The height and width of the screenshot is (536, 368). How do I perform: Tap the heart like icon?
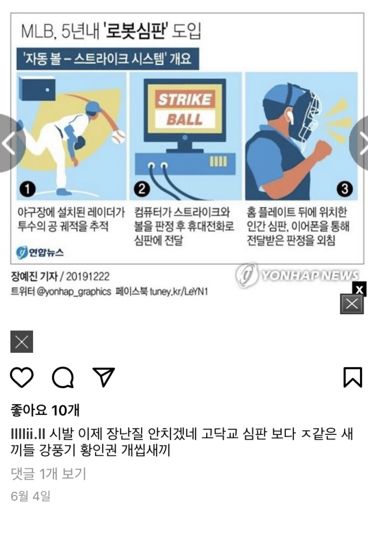[21, 377]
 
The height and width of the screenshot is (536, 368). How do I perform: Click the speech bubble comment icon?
[63, 377]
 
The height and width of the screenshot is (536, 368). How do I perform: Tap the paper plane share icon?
[104, 377]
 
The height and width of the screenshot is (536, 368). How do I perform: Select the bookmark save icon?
[353, 377]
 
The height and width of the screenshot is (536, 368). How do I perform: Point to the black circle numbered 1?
[28, 189]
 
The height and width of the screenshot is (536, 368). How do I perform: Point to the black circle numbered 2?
[142, 189]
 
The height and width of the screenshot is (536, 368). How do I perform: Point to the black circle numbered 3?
[345, 189]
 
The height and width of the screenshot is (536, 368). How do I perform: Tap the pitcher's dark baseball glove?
[80, 143]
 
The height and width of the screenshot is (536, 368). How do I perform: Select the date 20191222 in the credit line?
[88, 277]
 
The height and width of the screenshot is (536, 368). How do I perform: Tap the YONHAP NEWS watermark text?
[310, 275]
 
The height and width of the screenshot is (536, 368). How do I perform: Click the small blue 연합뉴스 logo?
[40, 252]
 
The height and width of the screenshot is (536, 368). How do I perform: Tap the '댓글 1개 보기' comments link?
[49, 473]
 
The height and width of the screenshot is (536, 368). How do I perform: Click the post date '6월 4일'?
[31, 497]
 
